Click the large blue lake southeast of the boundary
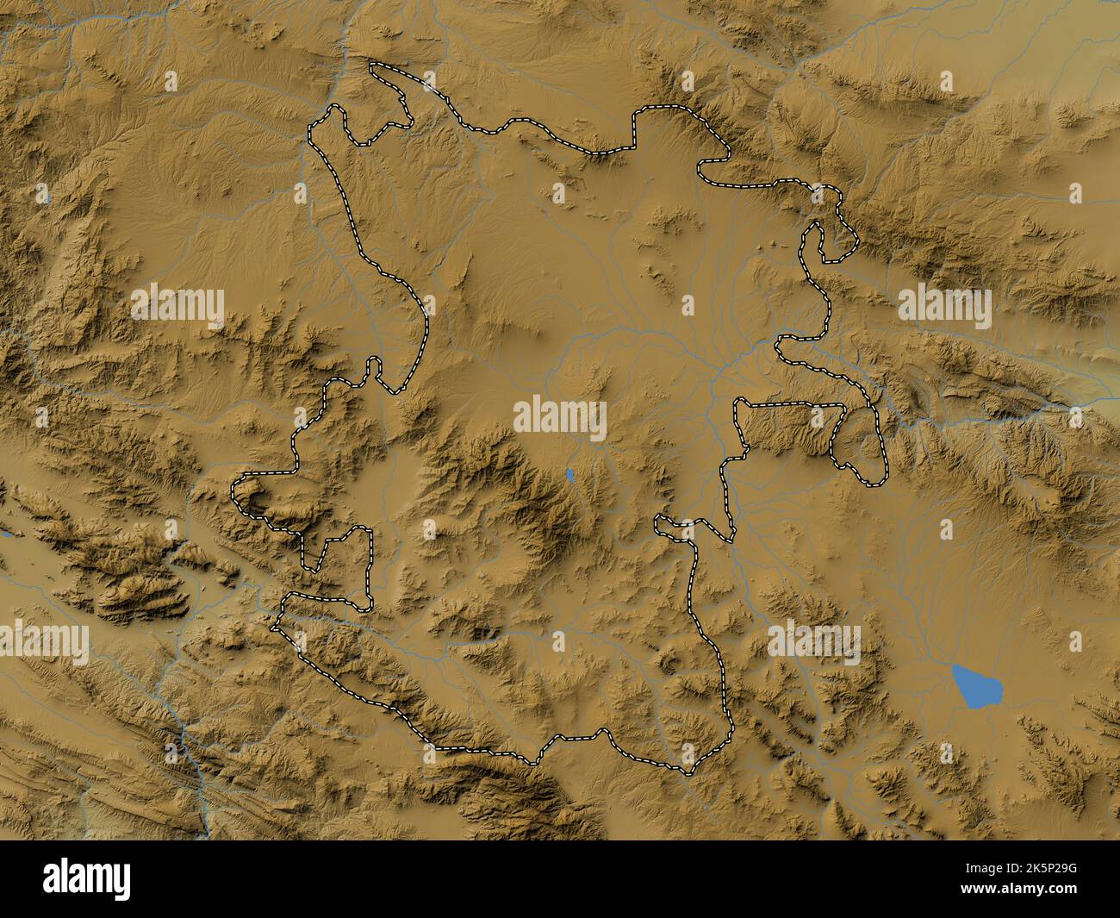click(x=979, y=685)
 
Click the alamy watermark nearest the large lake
click(x=813, y=642)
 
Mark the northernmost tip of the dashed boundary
click(x=372, y=65)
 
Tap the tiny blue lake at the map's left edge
click(x=5, y=535)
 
